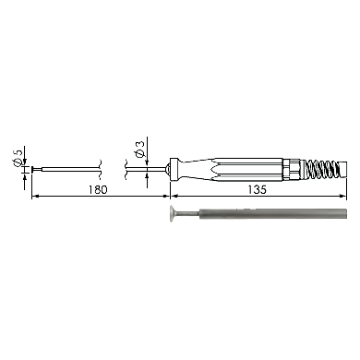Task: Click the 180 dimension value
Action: point(99,189)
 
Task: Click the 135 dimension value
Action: point(258,189)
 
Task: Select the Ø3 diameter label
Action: point(139,150)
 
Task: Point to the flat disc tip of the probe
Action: point(32,169)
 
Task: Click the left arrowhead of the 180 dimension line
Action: point(35,196)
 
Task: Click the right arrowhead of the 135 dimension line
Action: point(342,196)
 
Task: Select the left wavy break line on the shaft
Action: point(100,169)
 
